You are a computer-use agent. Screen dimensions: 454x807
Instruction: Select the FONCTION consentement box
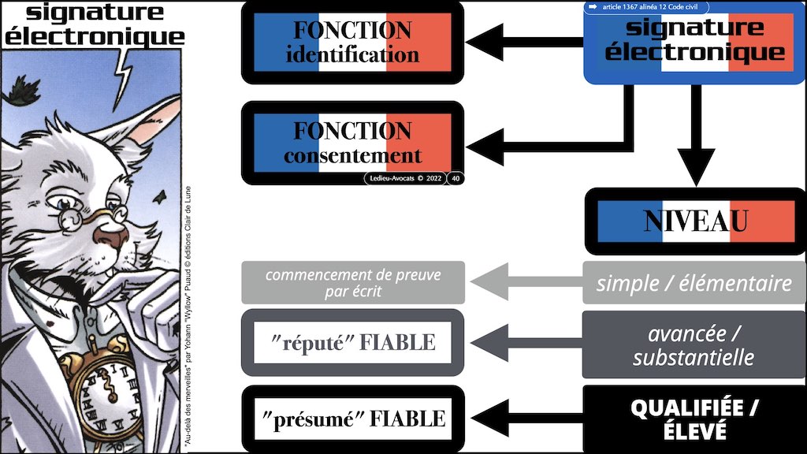pos(352,143)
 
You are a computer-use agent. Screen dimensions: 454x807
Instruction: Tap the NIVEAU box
pos(695,221)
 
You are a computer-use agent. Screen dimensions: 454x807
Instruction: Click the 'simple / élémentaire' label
pos(694,283)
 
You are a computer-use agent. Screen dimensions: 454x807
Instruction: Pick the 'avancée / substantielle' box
pos(694,344)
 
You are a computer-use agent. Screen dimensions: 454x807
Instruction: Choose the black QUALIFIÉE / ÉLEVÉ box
pos(694,419)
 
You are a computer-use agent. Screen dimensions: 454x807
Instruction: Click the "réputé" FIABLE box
pos(352,342)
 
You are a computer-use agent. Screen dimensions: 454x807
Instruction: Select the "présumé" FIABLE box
pos(352,418)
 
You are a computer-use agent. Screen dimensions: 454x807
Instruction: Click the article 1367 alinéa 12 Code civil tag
pos(646,7)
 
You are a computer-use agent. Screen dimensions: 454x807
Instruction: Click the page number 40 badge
pos(455,178)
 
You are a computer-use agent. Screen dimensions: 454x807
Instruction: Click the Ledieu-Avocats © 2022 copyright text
pos(405,178)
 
